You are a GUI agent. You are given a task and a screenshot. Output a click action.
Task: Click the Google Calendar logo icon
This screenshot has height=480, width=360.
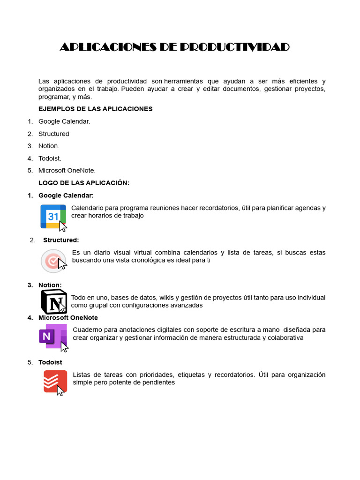52,217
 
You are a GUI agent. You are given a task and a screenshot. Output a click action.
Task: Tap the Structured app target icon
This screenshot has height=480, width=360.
52,261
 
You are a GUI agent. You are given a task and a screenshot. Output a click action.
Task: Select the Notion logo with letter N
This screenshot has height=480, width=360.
54,301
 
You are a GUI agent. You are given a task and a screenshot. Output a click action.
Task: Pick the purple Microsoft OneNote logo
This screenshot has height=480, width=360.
52,336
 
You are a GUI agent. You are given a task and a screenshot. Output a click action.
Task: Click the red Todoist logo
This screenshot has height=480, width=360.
54,381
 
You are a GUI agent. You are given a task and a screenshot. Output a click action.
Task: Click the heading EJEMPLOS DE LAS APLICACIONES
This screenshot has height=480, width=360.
95,109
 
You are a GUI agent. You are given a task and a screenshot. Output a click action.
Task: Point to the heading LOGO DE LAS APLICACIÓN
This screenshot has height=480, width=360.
83,183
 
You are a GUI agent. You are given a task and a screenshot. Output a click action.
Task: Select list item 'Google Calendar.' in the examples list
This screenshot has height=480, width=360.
64,121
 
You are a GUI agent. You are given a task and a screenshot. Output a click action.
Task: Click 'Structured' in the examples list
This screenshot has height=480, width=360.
53,134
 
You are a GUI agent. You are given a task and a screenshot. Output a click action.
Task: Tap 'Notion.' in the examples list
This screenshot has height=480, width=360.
49,146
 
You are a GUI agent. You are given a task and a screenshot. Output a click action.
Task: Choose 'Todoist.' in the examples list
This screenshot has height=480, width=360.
50,158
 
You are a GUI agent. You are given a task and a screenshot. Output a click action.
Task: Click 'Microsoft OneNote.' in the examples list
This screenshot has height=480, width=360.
67,170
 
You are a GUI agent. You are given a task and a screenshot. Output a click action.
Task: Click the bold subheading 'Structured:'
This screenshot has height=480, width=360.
61,240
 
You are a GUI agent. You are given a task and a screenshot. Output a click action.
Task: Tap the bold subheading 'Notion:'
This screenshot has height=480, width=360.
50,285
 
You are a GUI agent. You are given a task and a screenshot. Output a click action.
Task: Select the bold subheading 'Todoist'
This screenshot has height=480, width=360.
50,362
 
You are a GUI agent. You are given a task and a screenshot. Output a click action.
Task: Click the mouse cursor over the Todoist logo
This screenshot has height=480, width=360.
60,390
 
